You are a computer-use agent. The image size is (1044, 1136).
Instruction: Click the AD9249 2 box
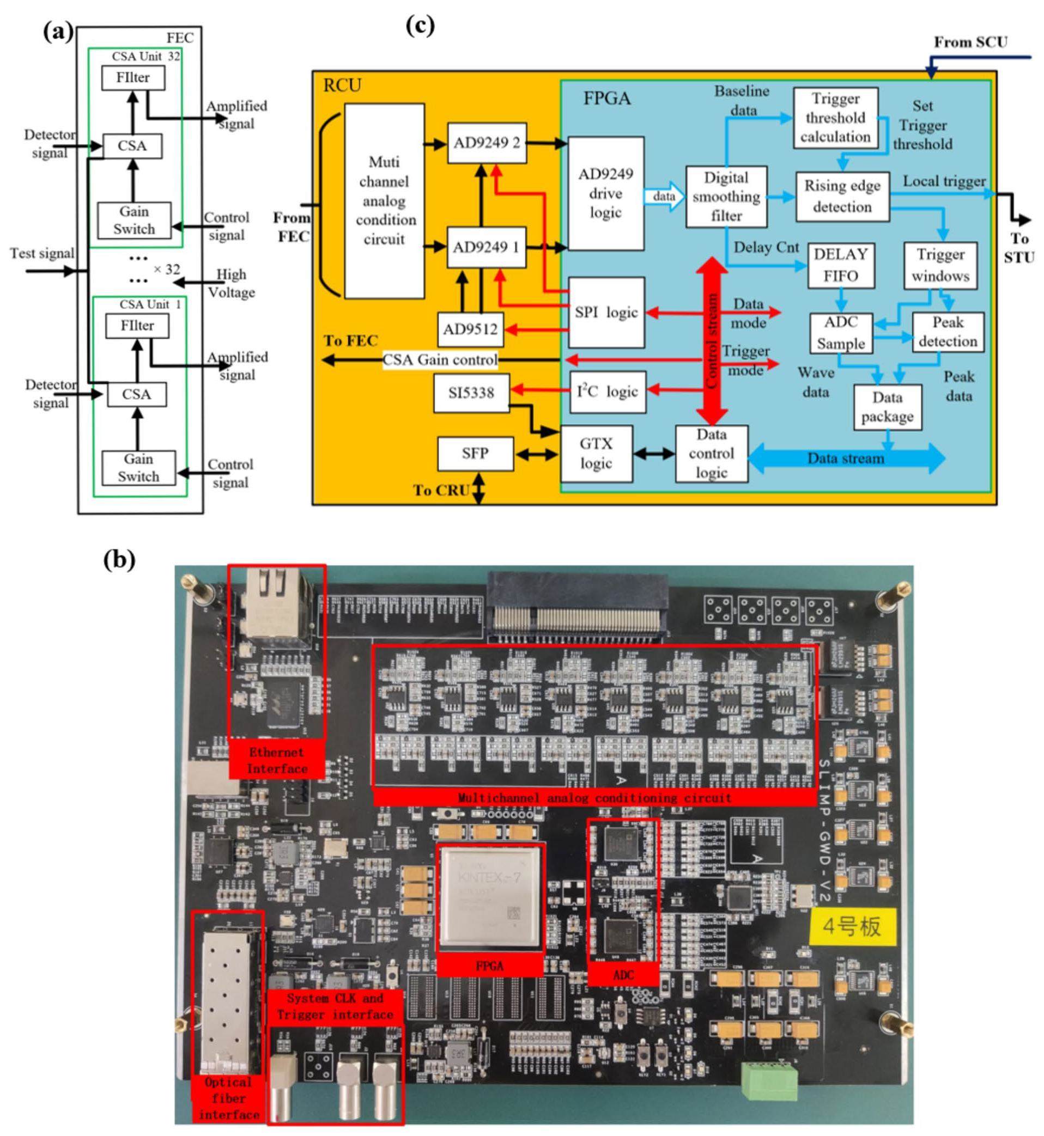[x=487, y=143]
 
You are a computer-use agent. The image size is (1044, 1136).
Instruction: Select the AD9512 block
[x=471, y=329]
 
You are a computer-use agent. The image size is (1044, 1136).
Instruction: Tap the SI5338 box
[x=471, y=393]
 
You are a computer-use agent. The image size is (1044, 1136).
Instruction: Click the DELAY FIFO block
[x=841, y=265]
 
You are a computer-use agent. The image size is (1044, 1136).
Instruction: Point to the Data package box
[x=887, y=407]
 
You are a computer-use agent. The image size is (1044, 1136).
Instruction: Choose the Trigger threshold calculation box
[x=835, y=118]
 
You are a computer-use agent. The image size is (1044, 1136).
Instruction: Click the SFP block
[x=475, y=454]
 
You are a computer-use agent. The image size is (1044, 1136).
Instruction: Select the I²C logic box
[x=607, y=391]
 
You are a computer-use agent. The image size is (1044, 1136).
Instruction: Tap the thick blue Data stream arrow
[x=846, y=459]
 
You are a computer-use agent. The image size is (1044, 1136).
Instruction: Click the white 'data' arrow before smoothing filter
[x=664, y=197]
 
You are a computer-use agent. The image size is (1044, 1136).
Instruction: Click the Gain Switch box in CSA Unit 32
[x=134, y=220]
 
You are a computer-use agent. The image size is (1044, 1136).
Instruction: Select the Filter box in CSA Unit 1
[x=137, y=326]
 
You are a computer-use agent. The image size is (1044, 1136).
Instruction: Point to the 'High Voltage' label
[x=231, y=283]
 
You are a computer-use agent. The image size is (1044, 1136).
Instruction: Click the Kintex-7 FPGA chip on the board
[x=489, y=897]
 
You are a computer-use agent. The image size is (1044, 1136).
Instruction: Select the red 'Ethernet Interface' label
[x=277, y=761]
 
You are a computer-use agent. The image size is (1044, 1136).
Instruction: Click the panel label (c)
[x=420, y=26]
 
